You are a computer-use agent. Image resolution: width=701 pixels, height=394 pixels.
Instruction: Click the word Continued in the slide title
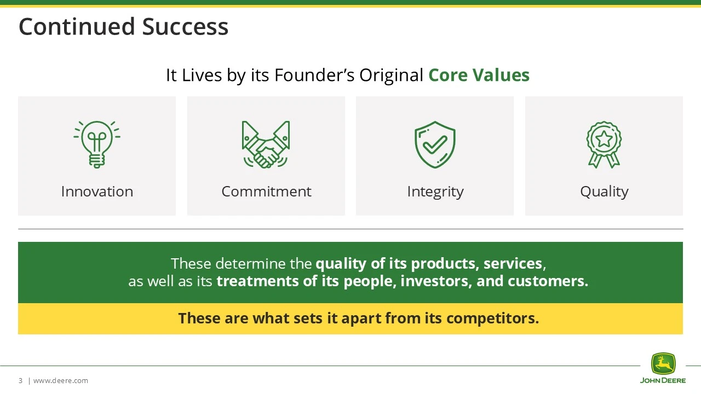coord(77,27)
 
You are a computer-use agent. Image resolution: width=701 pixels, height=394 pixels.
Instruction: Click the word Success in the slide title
coord(185,27)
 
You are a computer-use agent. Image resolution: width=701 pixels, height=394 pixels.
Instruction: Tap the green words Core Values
coord(479,75)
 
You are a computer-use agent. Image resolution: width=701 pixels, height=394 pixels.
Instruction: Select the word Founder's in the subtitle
coord(314,75)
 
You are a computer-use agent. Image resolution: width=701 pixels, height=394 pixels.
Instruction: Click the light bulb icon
coord(97,144)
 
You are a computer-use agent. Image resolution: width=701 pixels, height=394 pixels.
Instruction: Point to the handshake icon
coord(266,144)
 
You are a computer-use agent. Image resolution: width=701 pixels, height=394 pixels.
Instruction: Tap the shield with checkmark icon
coord(435,144)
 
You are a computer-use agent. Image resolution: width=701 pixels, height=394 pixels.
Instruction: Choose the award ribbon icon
coord(604,144)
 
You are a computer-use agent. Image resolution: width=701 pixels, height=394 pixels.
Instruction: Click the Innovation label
coord(97,192)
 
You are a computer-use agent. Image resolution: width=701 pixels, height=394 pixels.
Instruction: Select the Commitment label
coord(266,192)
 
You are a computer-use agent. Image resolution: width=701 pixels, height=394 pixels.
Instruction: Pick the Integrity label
coord(435,192)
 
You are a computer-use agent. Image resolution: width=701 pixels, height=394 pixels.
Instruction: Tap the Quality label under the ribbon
coord(604,192)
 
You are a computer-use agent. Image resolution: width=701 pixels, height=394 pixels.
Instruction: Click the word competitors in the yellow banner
coord(490,318)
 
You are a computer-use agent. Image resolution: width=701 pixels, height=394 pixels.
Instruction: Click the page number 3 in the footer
coord(21,380)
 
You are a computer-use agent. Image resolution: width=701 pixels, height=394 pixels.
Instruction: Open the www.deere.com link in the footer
coord(61,380)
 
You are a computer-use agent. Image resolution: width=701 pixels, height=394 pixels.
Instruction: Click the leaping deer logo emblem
coord(663,364)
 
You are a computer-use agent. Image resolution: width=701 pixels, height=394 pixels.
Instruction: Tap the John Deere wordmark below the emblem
coord(663,380)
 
